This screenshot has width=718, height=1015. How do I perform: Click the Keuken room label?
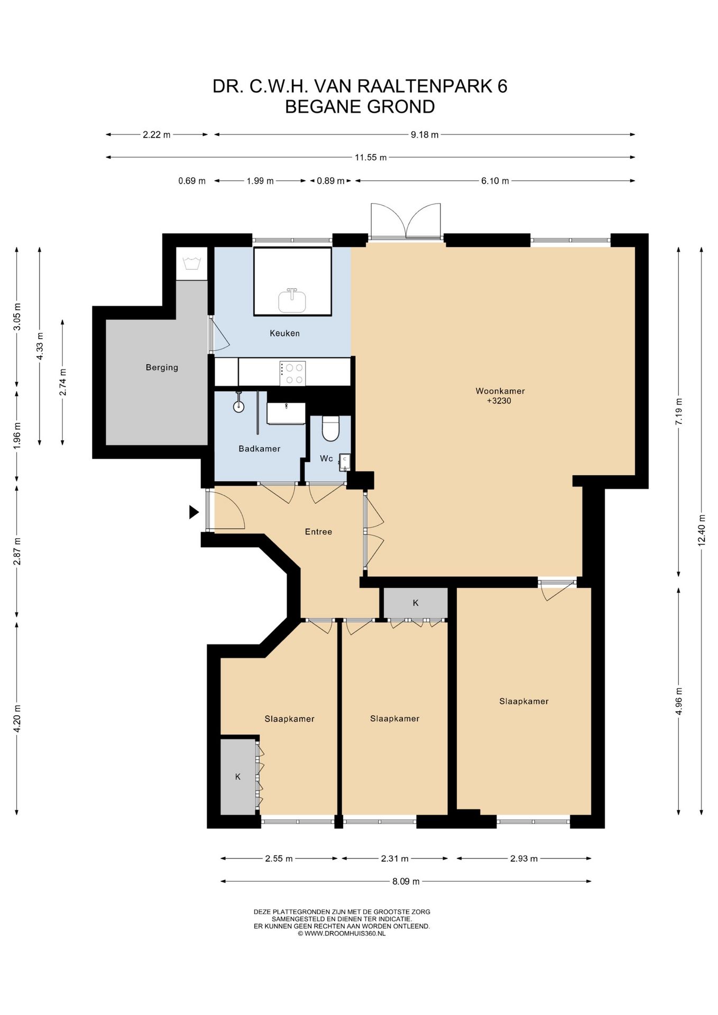(x=284, y=333)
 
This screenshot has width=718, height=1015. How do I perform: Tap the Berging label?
(x=162, y=367)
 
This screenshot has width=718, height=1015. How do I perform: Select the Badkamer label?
(x=259, y=448)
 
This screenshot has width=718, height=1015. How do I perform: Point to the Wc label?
(x=326, y=458)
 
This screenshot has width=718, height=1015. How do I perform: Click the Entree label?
(x=318, y=532)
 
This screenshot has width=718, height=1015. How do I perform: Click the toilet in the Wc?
(x=330, y=428)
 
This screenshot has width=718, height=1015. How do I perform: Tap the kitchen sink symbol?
(x=292, y=301)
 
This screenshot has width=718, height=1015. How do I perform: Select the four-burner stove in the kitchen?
(x=292, y=372)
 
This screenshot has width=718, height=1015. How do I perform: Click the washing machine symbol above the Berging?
(x=191, y=263)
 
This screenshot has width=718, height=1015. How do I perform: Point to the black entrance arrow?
(x=194, y=512)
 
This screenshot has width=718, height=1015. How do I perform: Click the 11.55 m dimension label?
(x=370, y=157)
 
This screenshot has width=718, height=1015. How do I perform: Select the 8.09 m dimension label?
(x=406, y=881)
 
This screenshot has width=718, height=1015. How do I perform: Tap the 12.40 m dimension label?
(x=701, y=530)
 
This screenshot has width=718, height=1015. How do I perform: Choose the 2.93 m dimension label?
(x=523, y=859)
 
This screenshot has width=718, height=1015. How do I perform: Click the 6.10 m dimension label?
(x=495, y=181)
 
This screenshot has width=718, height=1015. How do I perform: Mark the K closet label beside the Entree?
(x=416, y=603)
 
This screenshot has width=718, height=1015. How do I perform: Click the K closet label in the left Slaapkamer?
(x=238, y=777)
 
